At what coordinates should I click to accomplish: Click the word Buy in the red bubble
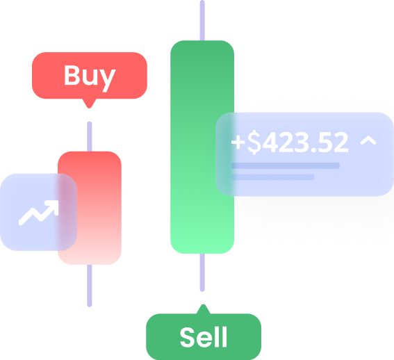90,77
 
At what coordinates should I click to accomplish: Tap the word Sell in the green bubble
204,337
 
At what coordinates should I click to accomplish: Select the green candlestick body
202,147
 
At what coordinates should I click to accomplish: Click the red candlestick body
90,208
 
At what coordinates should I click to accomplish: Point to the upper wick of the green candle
202,20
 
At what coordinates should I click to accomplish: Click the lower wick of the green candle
202,272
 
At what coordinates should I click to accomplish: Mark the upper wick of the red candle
90,136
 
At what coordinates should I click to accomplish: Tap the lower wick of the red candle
90,286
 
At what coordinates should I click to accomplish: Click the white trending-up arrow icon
38,213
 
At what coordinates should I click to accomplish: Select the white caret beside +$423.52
368,140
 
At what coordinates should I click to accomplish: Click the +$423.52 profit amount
290,142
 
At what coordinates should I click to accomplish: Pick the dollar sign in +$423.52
254,142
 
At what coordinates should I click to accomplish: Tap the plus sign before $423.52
238,142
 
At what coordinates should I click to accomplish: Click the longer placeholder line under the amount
286,165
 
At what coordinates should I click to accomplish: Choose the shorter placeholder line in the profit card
273,177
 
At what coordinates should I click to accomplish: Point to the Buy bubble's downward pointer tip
89,108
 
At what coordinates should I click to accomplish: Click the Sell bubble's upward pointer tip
204,304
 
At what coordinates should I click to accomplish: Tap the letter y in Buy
107,80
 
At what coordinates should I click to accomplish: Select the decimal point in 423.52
313,150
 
